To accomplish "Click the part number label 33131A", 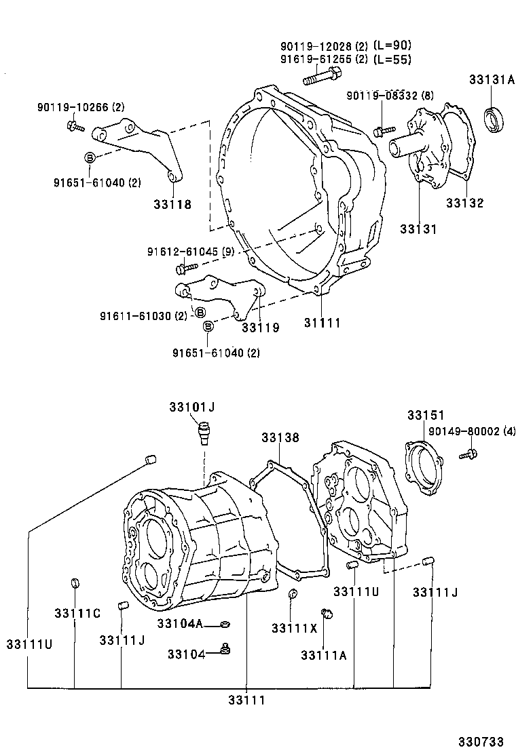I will click(491, 80).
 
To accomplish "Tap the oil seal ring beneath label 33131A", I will click(494, 119).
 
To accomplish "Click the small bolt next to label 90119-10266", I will click(74, 125).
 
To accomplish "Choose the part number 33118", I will click(172, 204).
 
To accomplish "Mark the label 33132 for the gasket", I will click(465, 203).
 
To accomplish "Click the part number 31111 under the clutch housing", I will click(322, 323).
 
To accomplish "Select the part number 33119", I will click(260, 328).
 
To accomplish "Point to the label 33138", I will click(280, 438).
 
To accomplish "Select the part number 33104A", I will click(180, 622).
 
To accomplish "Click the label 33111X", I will click(294, 628).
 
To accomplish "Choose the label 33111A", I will click(324, 654).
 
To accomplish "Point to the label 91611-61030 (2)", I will click(143, 316).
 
